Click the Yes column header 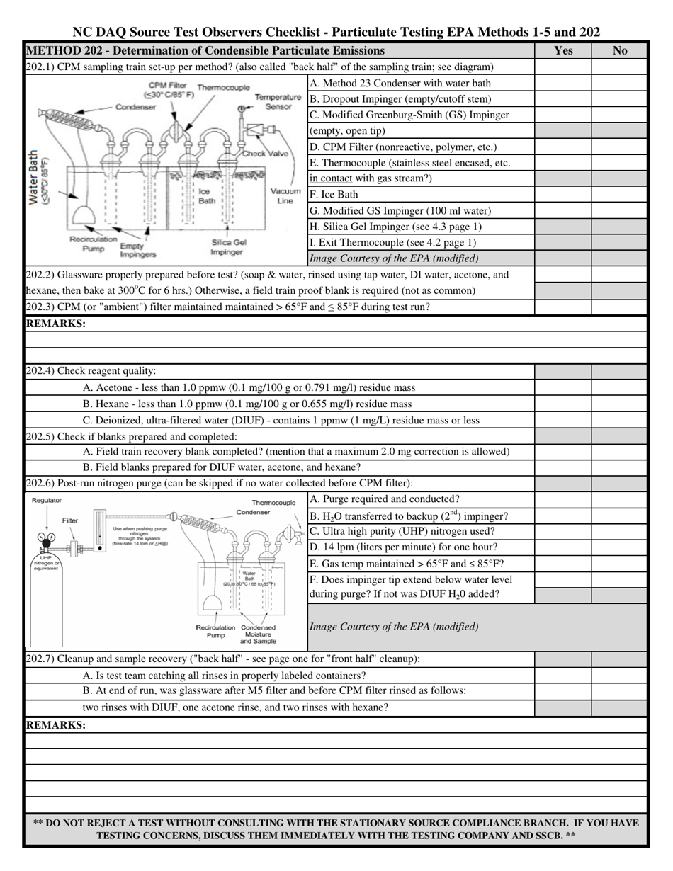click(x=562, y=51)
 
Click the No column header click(x=619, y=51)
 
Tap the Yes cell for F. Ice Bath click(x=562, y=195)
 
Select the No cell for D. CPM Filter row click(x=619, y=147)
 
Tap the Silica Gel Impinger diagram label click(x=228, y=247)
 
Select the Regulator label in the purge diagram click(x=47, y=501)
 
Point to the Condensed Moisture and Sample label click(x=258, y=634)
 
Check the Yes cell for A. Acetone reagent click(x=562, y=388)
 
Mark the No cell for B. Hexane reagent click(x=619, y=404)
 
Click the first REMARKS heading click(x=56, y=324)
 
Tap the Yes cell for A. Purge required click(x=562, y=499)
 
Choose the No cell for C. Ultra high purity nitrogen click(x=619, y=532)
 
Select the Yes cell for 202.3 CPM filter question click(x=562, y=307)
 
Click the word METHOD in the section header click(x=50, y=51)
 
